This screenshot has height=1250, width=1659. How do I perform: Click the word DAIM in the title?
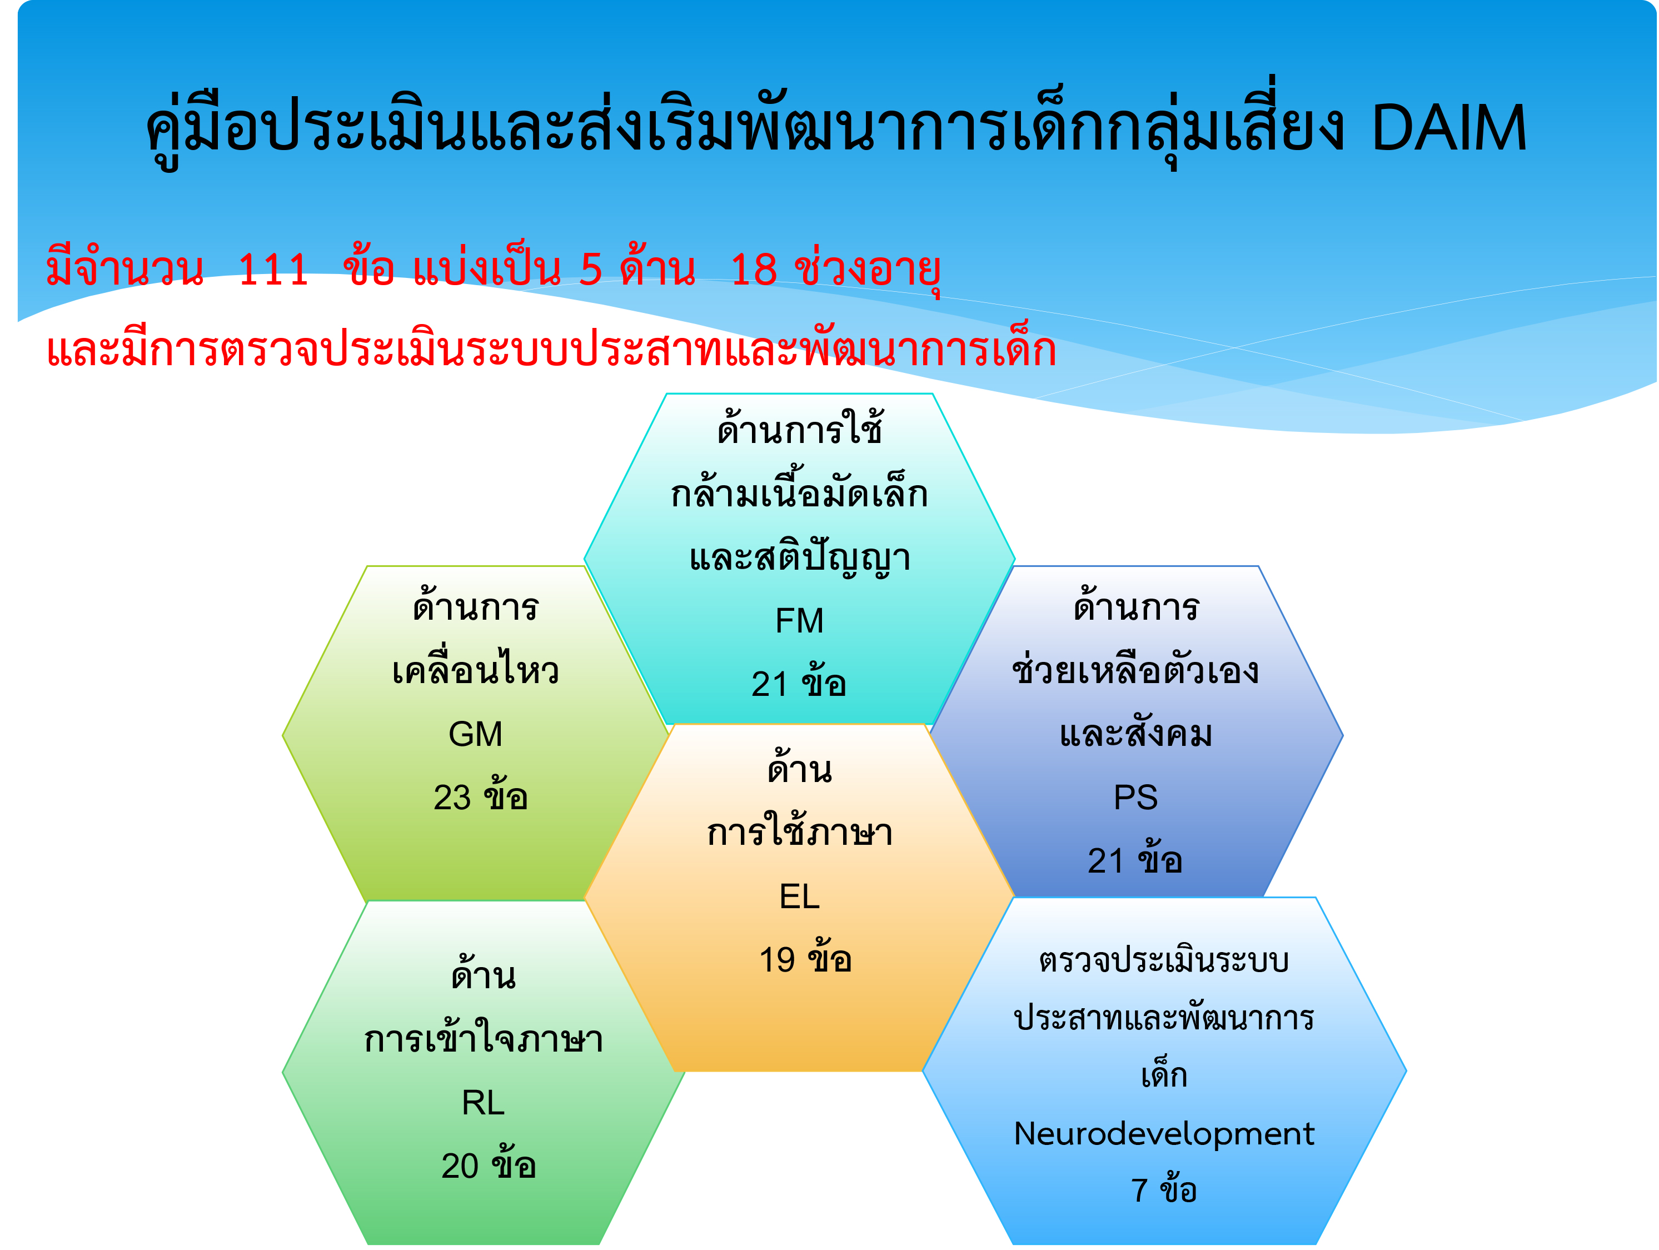(1448, 128)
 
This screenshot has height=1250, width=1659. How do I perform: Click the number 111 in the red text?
(273, 270)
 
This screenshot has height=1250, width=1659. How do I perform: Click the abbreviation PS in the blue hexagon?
(1135, 797)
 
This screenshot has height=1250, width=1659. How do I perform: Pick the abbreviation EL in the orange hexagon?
(800, 897)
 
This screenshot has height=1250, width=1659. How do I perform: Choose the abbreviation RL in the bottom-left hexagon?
(483, 1103)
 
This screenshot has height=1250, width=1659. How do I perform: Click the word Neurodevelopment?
(1164, 1134)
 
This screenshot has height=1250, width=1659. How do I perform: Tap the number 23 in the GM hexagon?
(452, 798)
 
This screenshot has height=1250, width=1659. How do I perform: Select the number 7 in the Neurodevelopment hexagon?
(1139, 1191)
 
